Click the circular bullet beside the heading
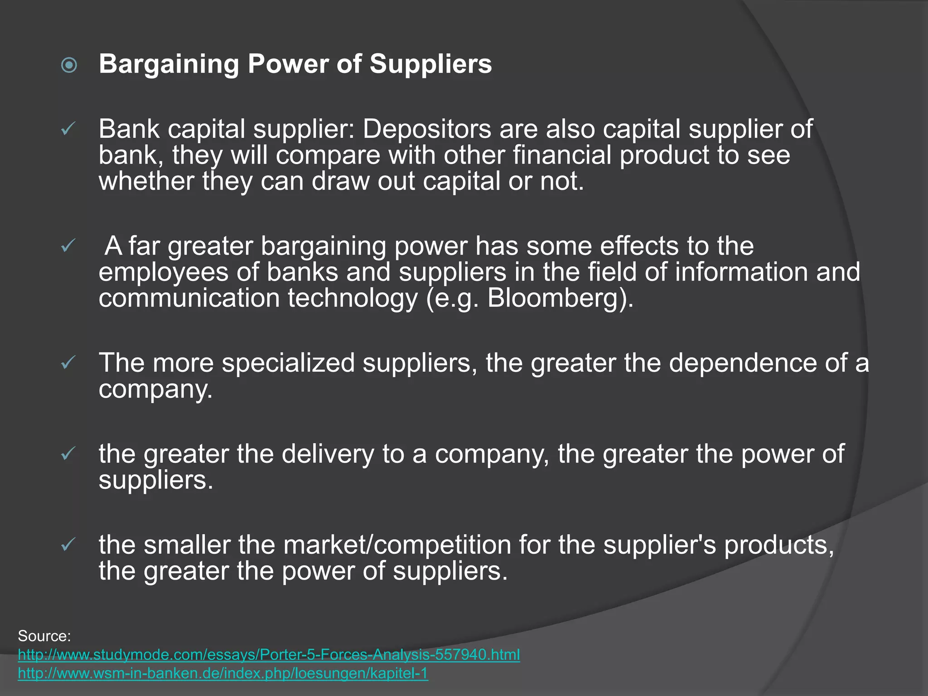tap(69, 65)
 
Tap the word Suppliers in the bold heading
tap(430, 64)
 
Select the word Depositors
tap(426, 129)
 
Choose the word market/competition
tap(397, 544)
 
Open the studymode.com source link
tap(269, 655)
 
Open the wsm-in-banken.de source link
tap(223, 673)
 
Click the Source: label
tap(44, 636)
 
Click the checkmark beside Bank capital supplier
tap(68, 130)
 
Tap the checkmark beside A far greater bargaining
tap(68, 246)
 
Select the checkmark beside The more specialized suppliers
tap(68, 362)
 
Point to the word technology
tap(352, 298)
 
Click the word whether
tap(146, 181)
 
